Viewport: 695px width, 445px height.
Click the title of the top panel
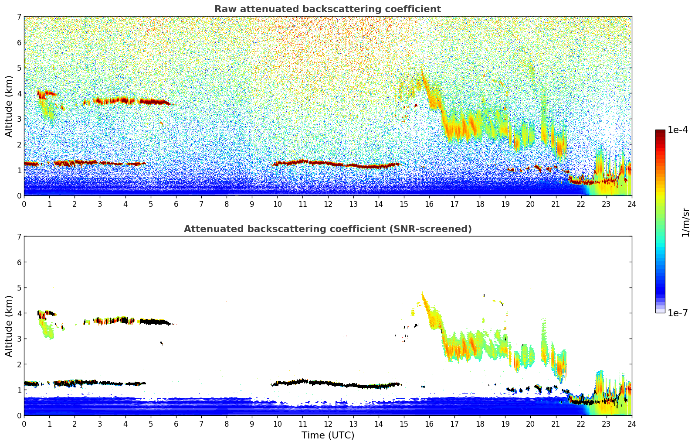click(327, 9)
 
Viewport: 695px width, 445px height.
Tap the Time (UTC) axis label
click(328, 435)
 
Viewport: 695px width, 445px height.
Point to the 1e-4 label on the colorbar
click(678, 130)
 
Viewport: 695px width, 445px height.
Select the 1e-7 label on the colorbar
click(678, 313)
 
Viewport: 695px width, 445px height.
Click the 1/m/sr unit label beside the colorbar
click(685, 222)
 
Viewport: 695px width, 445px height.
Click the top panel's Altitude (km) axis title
click(9, 106)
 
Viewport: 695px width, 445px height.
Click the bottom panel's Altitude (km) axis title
click(9, 326)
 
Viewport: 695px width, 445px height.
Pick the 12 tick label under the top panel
click(328, 204)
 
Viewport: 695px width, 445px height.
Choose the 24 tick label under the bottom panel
click(631, 424)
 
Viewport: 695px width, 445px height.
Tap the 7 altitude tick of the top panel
click(19, 17)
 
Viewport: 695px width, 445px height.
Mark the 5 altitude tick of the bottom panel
click(19, 288)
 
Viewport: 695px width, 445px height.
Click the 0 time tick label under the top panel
click(24, 204)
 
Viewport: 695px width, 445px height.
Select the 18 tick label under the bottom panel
click(480, 424)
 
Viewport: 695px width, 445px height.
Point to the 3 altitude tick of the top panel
click(19, 119)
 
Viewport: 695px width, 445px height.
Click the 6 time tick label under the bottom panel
click(176, 424)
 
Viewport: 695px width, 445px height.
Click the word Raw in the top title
click(224, 9)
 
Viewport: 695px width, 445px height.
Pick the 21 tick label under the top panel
click(556, 204)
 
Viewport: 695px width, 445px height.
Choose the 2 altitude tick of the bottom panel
click(19, 364)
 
